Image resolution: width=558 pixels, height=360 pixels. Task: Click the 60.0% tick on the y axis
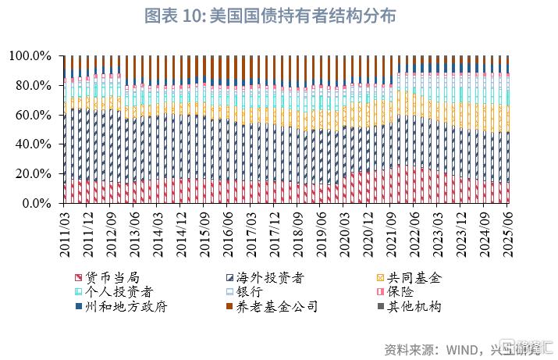pos(33,115)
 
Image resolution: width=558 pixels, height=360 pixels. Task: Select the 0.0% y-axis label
pos(36,203)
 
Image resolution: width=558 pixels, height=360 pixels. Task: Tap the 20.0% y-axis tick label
pos(33,173)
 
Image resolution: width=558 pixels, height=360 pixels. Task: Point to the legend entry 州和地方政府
pos(123,307)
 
